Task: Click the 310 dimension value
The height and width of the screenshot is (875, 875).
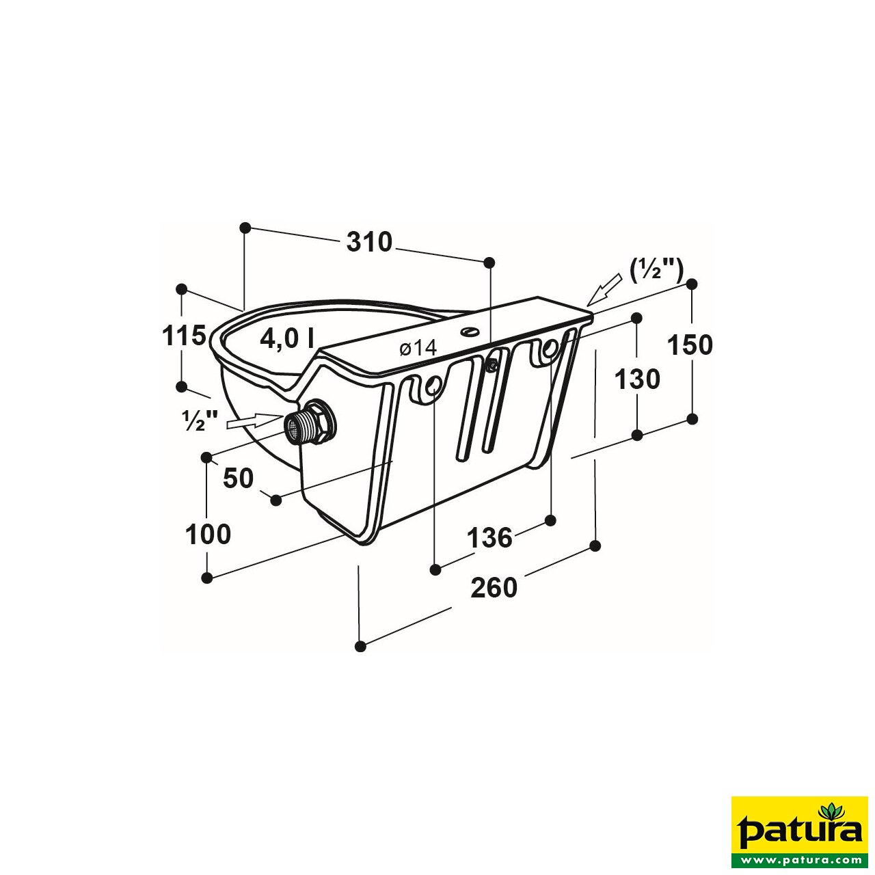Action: click(x=369, y=242)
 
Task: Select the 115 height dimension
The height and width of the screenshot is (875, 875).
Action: click(x=183, y=336)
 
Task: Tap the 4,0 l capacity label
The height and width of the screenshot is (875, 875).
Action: click(x=287, y=338)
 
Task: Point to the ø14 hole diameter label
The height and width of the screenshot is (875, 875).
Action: click(x=418, y=348)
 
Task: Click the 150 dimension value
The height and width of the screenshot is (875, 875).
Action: click(x=690, y=345)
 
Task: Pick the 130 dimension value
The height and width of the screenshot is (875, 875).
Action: click(x=637, y=379)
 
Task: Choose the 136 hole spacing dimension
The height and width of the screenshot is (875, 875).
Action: click(x=489, y=538)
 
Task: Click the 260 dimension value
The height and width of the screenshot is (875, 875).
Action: click(x=494, y=587)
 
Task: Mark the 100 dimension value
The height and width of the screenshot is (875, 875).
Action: click(x=208, y=534)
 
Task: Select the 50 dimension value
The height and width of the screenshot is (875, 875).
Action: click(x=239, y=479)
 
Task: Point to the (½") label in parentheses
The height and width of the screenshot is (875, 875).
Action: click(x=656, y=269)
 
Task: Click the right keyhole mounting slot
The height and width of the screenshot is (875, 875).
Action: click(x=548, y=351)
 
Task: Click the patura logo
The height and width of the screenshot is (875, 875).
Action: click(x=799, y=832)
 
